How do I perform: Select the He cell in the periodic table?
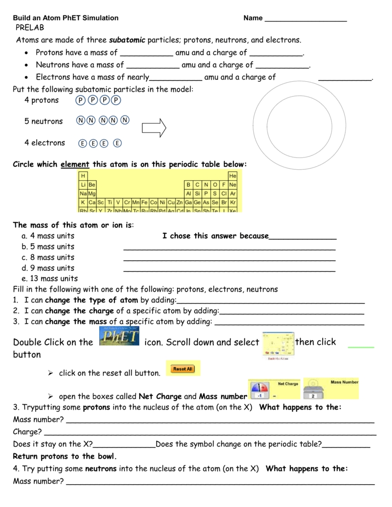click(232, 176)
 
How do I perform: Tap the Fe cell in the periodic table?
click(145, 202)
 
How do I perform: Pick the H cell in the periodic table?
click(83, 176)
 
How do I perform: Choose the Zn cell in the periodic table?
click(179, 202)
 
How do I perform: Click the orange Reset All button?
click(183, 369)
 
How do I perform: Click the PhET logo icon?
click(118, 341)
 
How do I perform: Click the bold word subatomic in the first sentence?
click(127, 40)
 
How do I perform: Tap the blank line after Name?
click(306, 19)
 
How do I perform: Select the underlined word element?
click(75, 164)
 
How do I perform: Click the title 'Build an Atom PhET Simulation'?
click(65, 18)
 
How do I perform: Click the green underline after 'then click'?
click(361, 347)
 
